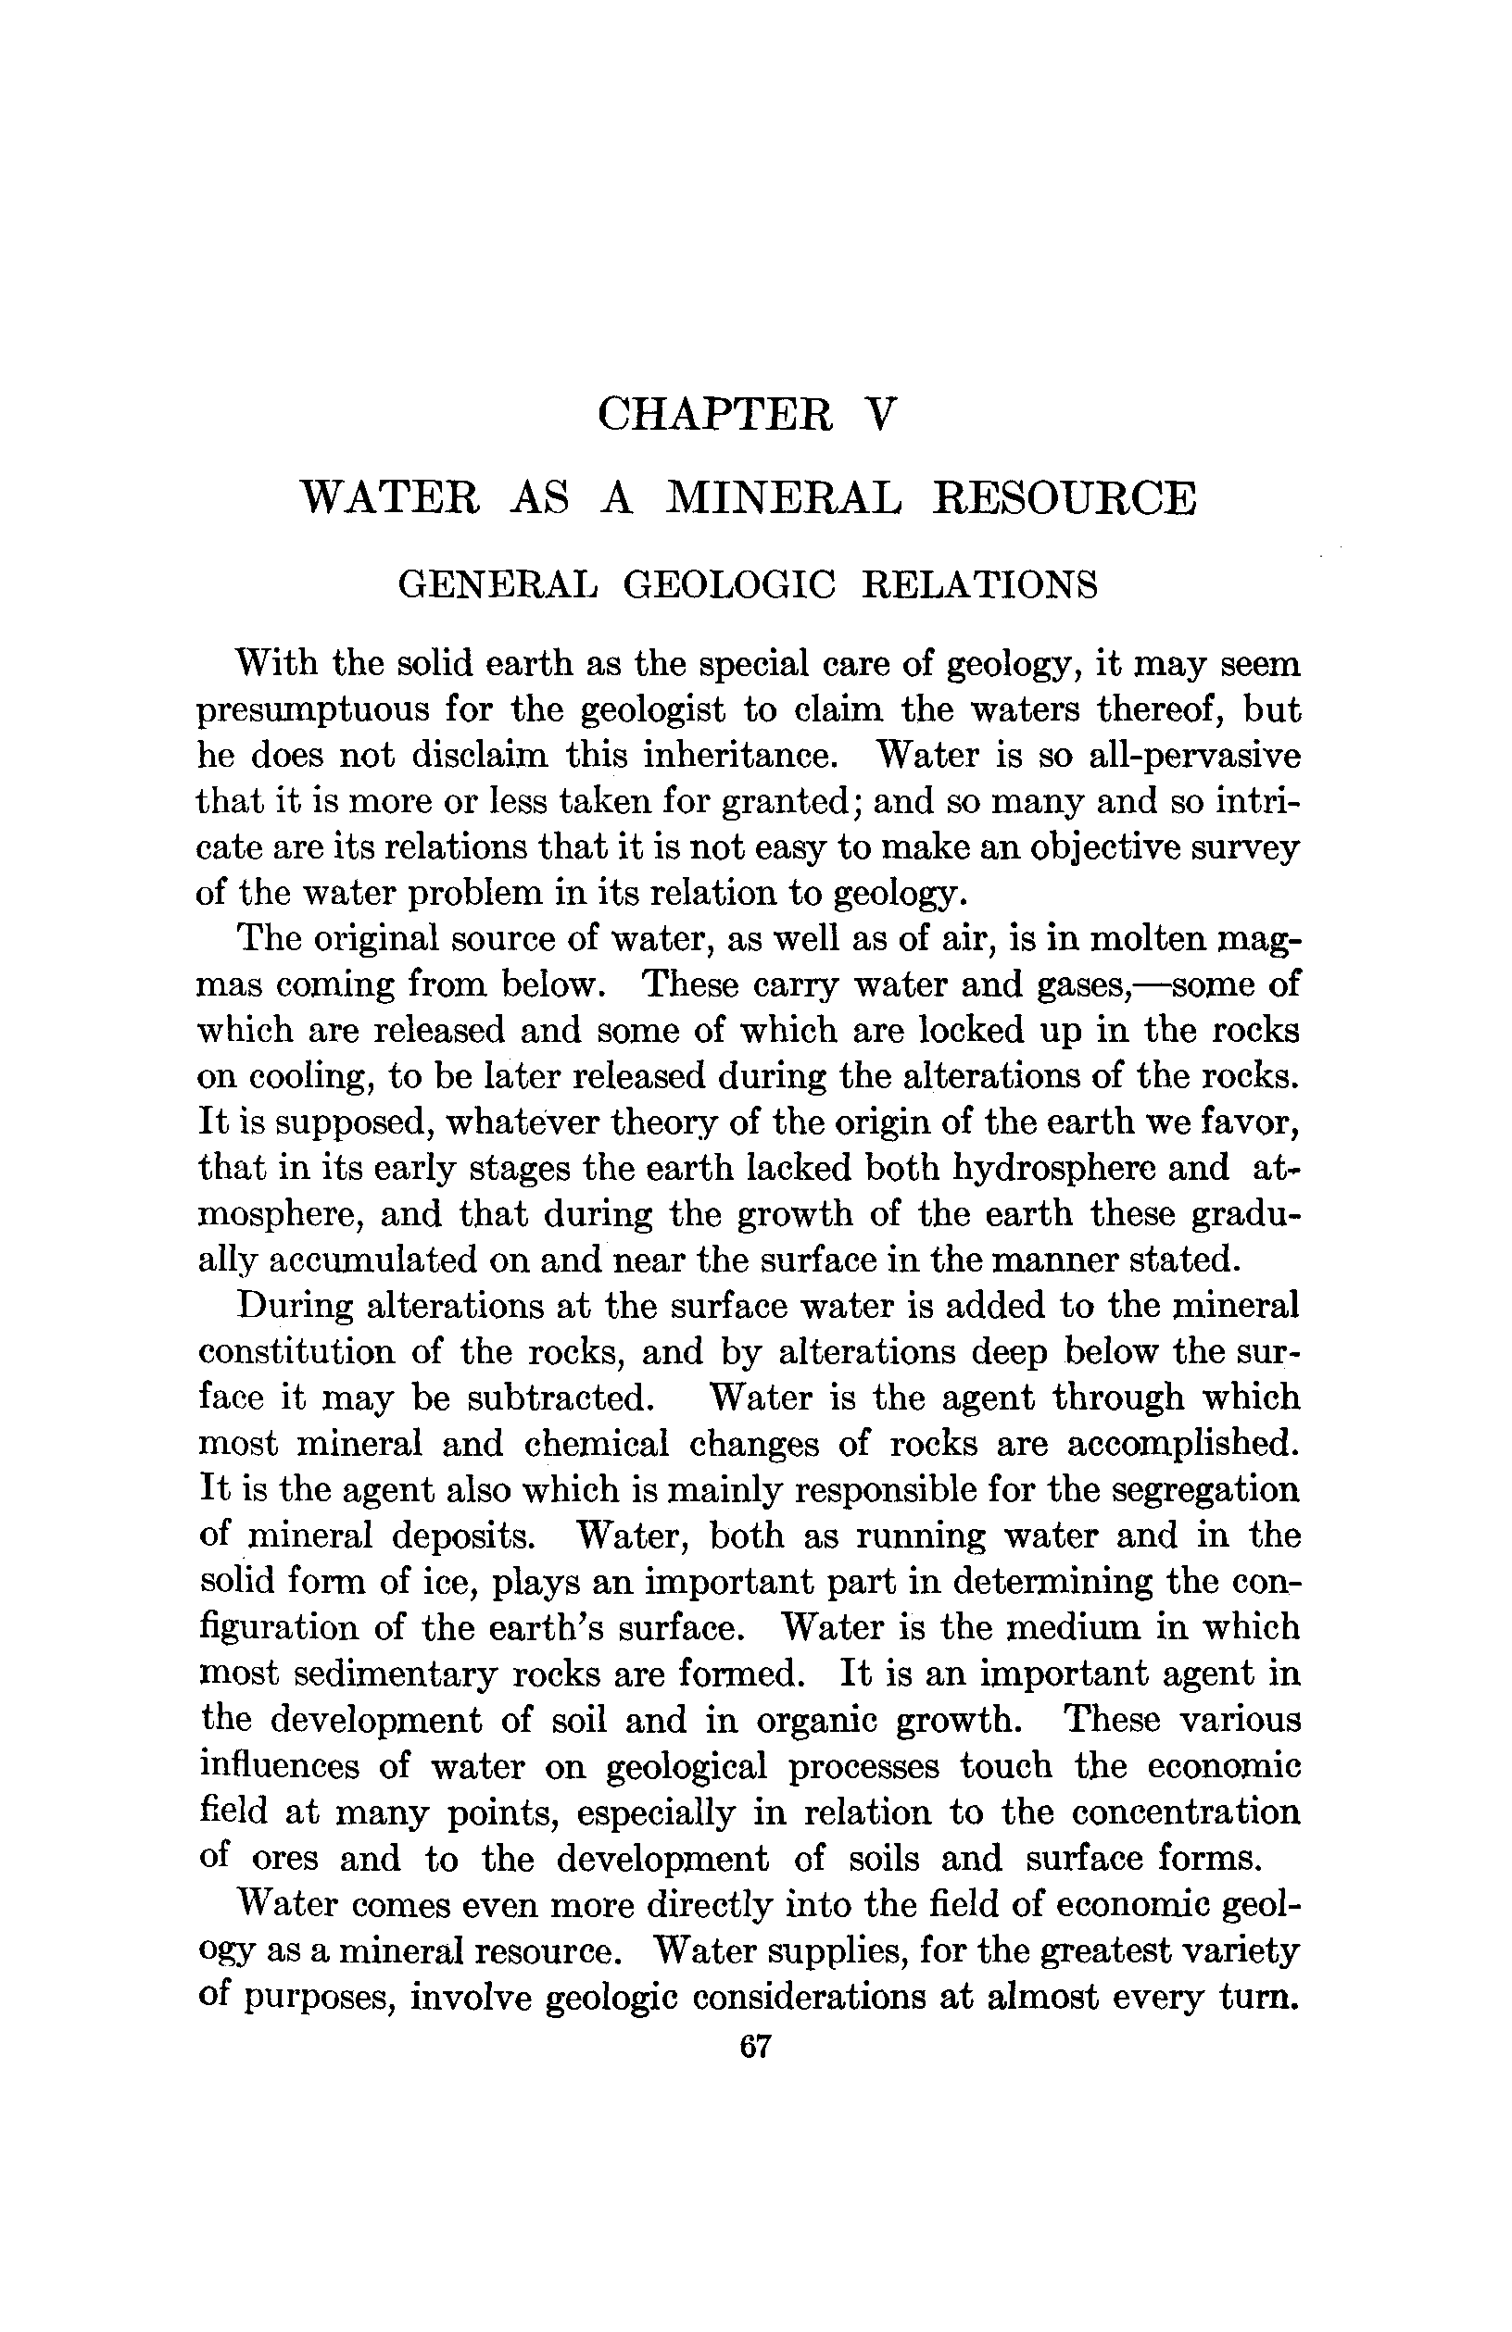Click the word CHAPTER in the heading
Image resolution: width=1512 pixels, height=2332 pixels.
click(715, 415)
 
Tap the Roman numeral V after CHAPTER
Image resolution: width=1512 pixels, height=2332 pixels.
click(881, 415)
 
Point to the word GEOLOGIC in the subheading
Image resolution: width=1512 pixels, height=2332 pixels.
click(729, 585)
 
